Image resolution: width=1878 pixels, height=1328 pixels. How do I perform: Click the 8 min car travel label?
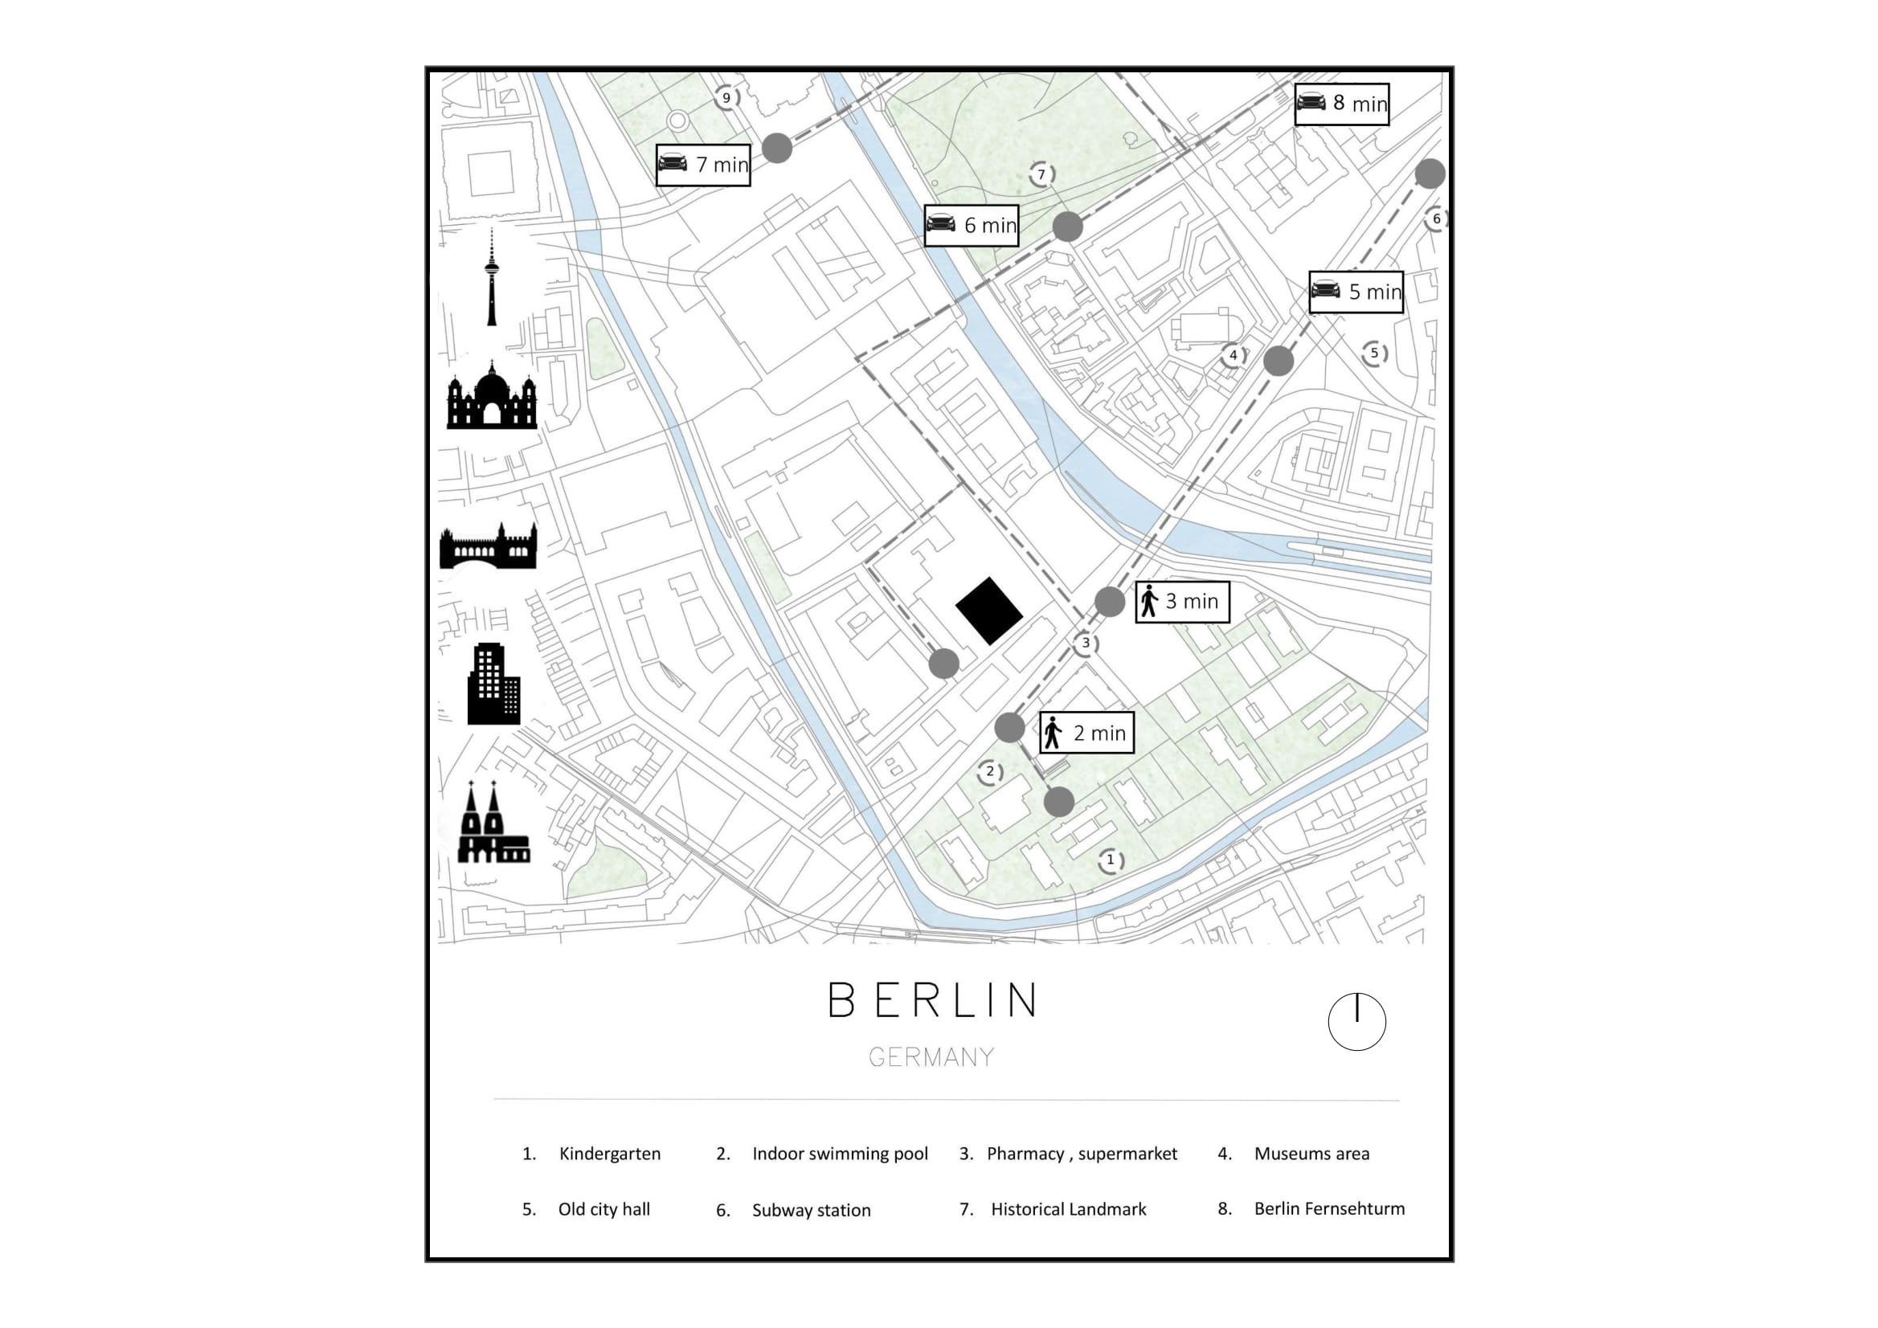1341,104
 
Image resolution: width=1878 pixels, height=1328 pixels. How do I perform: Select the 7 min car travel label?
702,165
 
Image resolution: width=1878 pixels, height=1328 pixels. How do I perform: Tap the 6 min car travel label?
971,225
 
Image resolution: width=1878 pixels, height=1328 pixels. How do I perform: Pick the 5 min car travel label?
1356,292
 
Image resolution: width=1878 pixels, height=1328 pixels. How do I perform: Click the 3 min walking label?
1182,602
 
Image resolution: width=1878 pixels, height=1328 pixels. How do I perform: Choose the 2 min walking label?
1086,733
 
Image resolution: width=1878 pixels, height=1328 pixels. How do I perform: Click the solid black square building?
989,611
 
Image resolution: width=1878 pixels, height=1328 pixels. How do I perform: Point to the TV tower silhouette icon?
492,278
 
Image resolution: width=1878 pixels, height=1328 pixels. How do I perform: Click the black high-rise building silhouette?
493,684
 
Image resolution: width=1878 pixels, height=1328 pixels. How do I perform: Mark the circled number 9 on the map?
726,98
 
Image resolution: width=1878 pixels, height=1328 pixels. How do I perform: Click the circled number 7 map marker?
1041,174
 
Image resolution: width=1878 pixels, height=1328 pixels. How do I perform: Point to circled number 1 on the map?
1110,860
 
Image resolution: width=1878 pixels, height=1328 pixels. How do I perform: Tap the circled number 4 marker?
1234,355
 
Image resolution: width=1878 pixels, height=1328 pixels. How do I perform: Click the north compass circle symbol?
1357,1022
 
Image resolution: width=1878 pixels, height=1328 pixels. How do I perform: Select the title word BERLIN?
932,1000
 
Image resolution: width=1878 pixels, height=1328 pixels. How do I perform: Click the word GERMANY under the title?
931,1057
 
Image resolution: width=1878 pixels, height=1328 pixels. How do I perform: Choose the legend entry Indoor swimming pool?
839,1154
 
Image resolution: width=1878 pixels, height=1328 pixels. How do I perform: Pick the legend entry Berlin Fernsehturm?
1328,1208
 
